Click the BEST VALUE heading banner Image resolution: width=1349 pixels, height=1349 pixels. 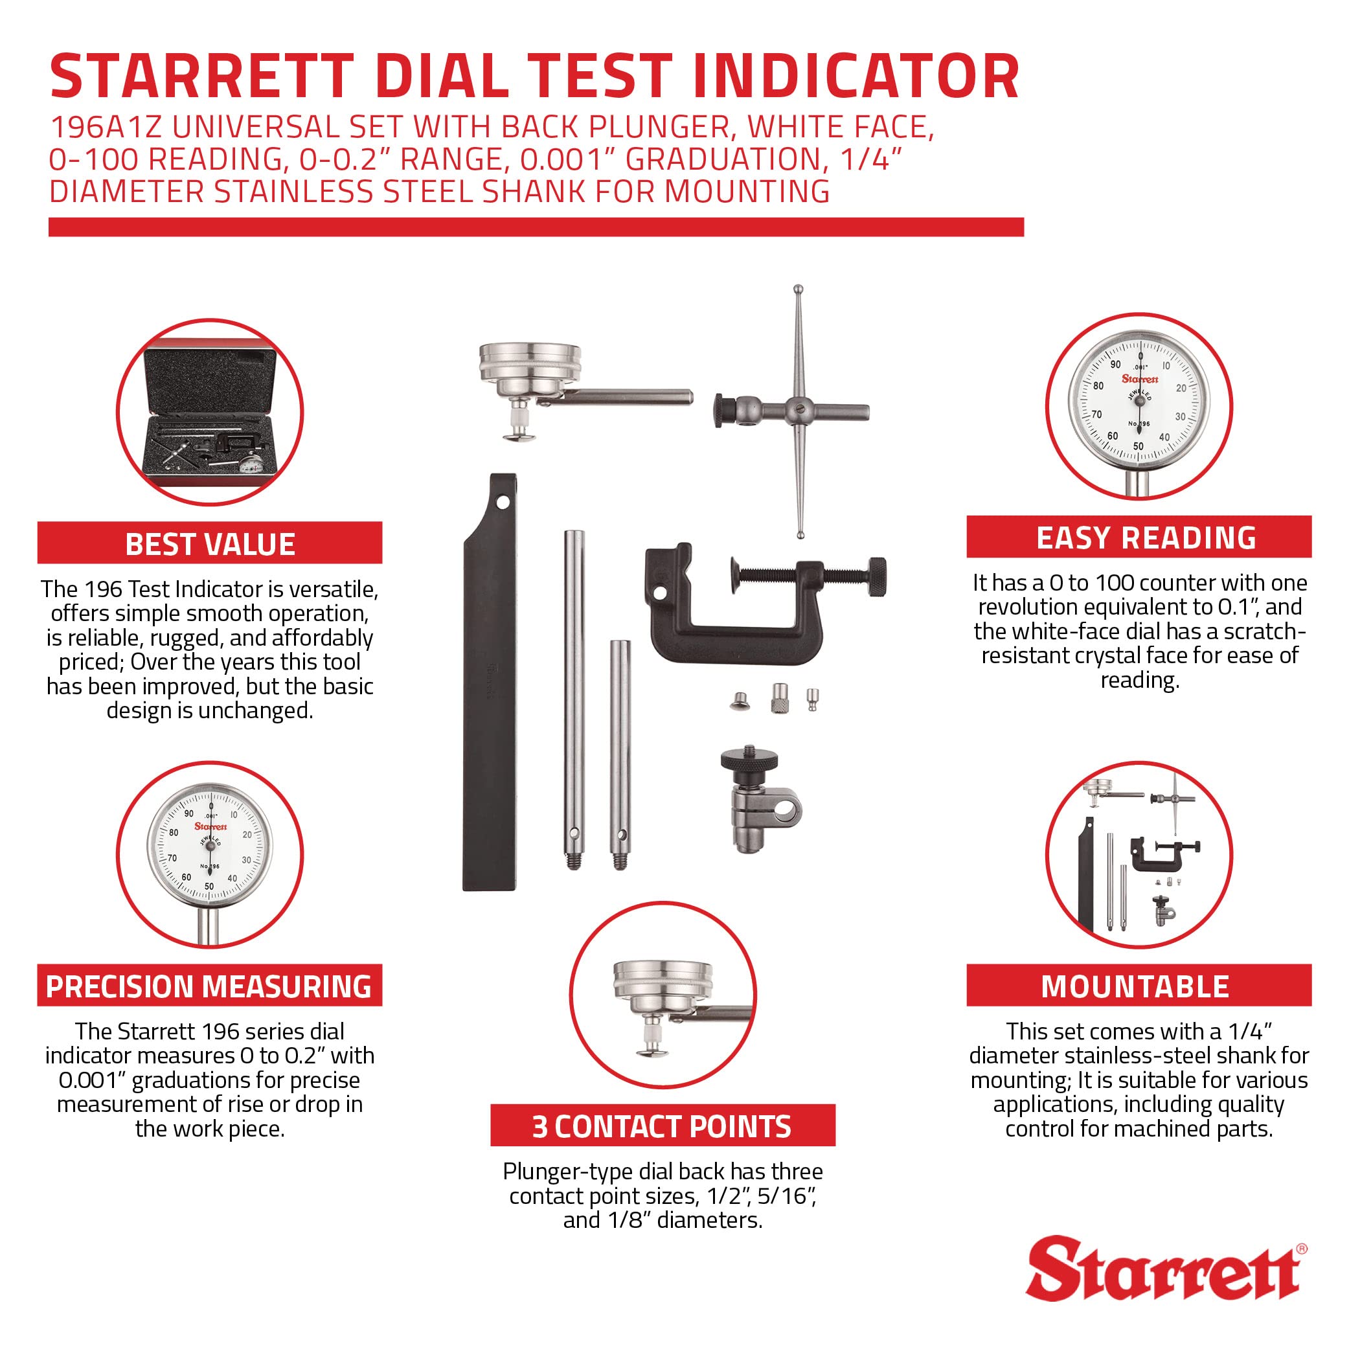209,544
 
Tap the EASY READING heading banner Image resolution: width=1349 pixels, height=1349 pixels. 1139,538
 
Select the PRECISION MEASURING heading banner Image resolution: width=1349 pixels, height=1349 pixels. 209,986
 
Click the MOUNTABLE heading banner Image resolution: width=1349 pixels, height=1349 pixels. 1139,986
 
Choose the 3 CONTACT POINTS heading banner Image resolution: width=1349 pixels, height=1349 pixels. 662,1126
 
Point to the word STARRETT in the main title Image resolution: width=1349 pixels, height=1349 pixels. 203,77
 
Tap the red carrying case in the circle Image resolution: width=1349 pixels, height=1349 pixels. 209,412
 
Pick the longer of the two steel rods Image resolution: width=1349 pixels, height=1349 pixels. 574,698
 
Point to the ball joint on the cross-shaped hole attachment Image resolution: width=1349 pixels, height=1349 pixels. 798,411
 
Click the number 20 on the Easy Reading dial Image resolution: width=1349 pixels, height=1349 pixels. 1181,388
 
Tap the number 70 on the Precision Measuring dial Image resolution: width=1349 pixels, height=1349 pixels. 172,857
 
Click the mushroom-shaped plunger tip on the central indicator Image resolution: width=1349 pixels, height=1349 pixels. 518,437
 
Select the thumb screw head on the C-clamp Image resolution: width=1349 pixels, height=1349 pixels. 878,576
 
